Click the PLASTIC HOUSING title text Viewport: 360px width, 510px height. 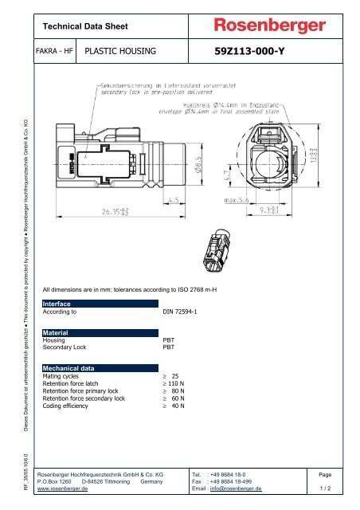(120, 53)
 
